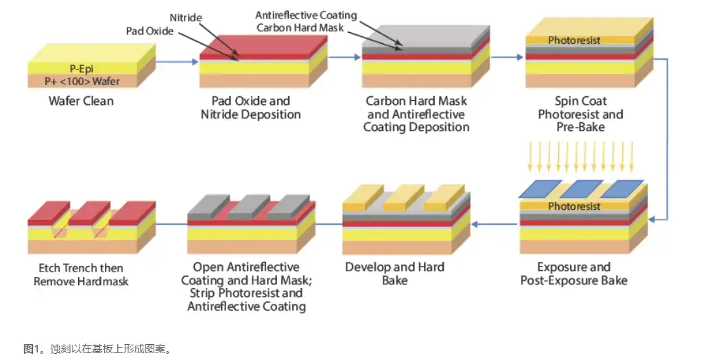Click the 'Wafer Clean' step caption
[x=81, y=101]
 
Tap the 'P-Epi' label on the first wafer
[x=82, y=69]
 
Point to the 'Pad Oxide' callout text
[x=150, y=32]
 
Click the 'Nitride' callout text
[x=186, y=16]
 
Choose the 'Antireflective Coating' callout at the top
[x=305, y=15]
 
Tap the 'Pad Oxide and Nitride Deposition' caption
[x=251, y=108]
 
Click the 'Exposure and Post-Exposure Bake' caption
[x=573, y=274]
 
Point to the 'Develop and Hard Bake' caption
[x=394, y=274]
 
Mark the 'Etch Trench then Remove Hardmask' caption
[x=81, y=274]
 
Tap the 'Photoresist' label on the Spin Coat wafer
[x=574, y=40]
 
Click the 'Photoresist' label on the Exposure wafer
[x=574, y=206]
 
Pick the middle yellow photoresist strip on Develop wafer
[x=403, y=197]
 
